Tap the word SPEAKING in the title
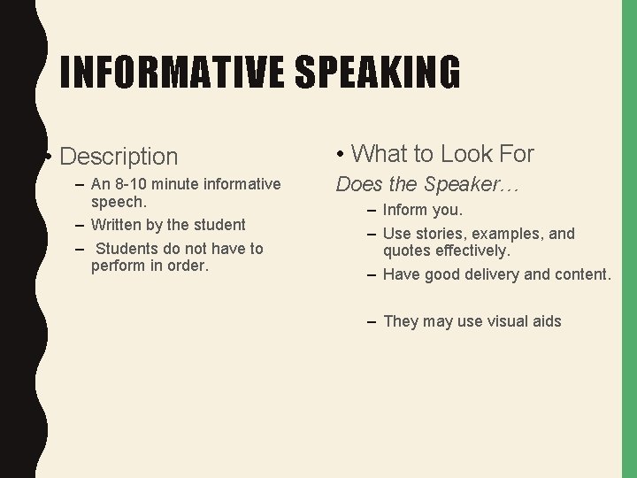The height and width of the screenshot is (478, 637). [379, 73]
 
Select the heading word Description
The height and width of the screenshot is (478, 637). [119, 157]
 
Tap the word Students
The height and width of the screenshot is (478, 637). [127, 249]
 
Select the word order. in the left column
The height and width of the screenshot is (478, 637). [187, 266]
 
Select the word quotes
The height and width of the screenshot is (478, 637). [408, 251]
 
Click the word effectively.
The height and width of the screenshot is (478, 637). [473, 251]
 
